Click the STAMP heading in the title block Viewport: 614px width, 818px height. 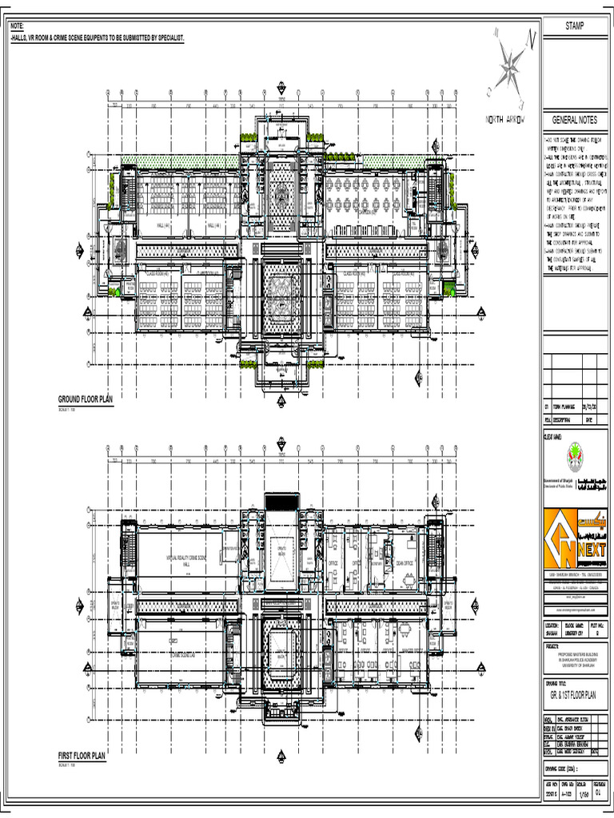[574, 26]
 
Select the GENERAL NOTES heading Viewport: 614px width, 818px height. [575, 120]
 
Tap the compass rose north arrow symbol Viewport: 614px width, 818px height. [508, 68]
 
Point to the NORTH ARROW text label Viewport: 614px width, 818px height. [505, 120]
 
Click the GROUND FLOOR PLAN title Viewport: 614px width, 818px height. [86, 399]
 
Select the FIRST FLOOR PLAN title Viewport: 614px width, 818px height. [82, 755]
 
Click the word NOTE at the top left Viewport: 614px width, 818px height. [17, 28]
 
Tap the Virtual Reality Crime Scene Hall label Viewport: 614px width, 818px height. [185, 560]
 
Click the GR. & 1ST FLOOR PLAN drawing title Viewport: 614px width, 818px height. [574, 695]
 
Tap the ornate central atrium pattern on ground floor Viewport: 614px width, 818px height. [281, 294]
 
